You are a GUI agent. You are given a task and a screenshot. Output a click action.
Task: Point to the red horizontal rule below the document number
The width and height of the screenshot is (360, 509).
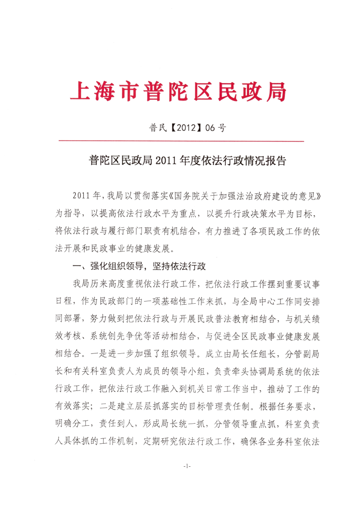click(180, 141)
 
